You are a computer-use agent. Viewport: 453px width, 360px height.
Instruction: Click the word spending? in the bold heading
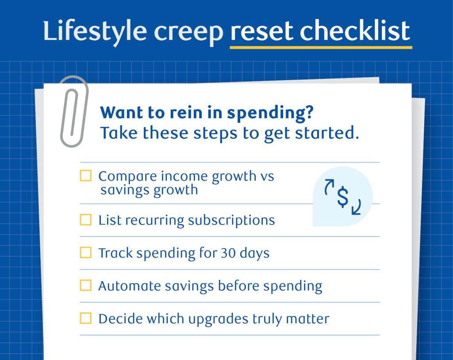(270, 113)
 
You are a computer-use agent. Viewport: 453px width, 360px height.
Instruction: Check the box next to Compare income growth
(85, 176)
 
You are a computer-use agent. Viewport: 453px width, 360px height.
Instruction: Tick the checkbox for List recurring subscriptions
(85, 220)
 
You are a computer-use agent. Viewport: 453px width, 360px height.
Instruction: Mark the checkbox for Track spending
(85, 253)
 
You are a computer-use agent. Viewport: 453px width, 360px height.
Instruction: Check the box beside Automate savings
(85, 286)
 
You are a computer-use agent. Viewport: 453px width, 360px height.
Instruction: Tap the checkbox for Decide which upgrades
(85, 318)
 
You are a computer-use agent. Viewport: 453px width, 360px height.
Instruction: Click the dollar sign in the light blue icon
(342, 197)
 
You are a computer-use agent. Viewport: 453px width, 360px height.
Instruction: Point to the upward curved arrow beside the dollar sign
(329, 187)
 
